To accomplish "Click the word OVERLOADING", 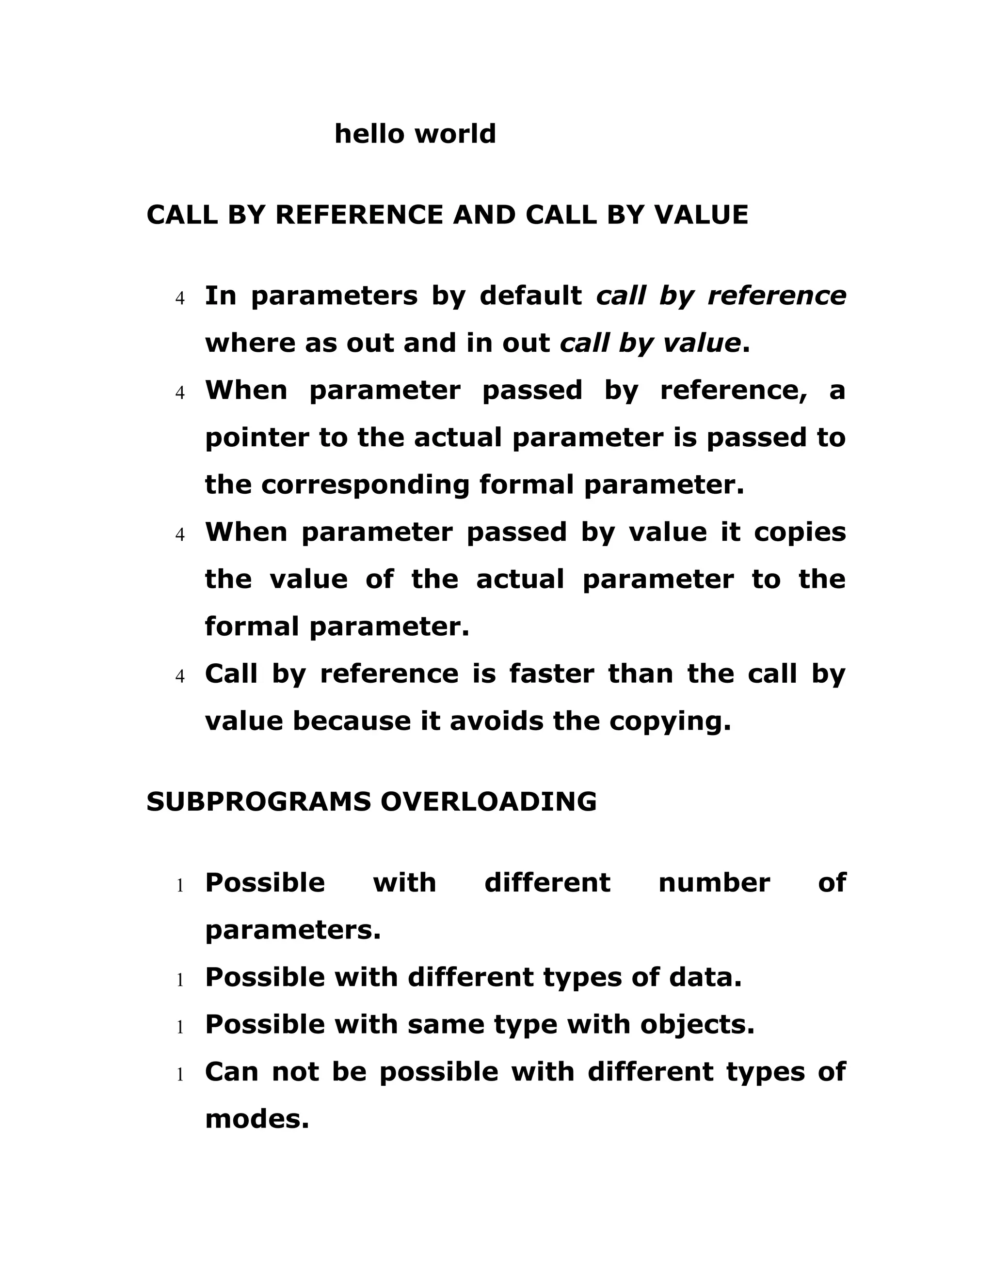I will tap(488, 802).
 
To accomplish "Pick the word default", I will tap(530, 296).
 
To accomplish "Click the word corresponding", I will tap(365, 485).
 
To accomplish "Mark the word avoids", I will tap(496, 721).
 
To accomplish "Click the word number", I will tap(714, 883).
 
